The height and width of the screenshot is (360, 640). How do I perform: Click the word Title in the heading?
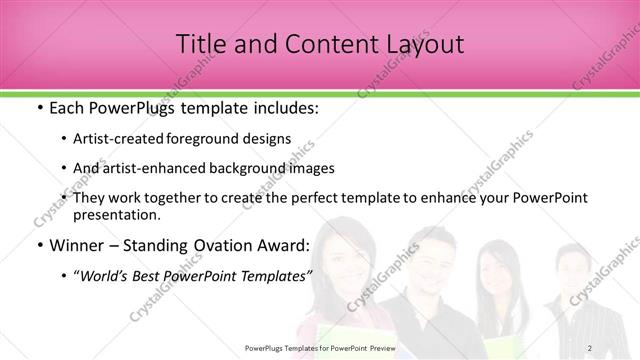point(198,44)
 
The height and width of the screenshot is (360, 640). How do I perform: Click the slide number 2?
point(590,347)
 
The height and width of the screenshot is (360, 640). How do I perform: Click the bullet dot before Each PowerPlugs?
point(38,107)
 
